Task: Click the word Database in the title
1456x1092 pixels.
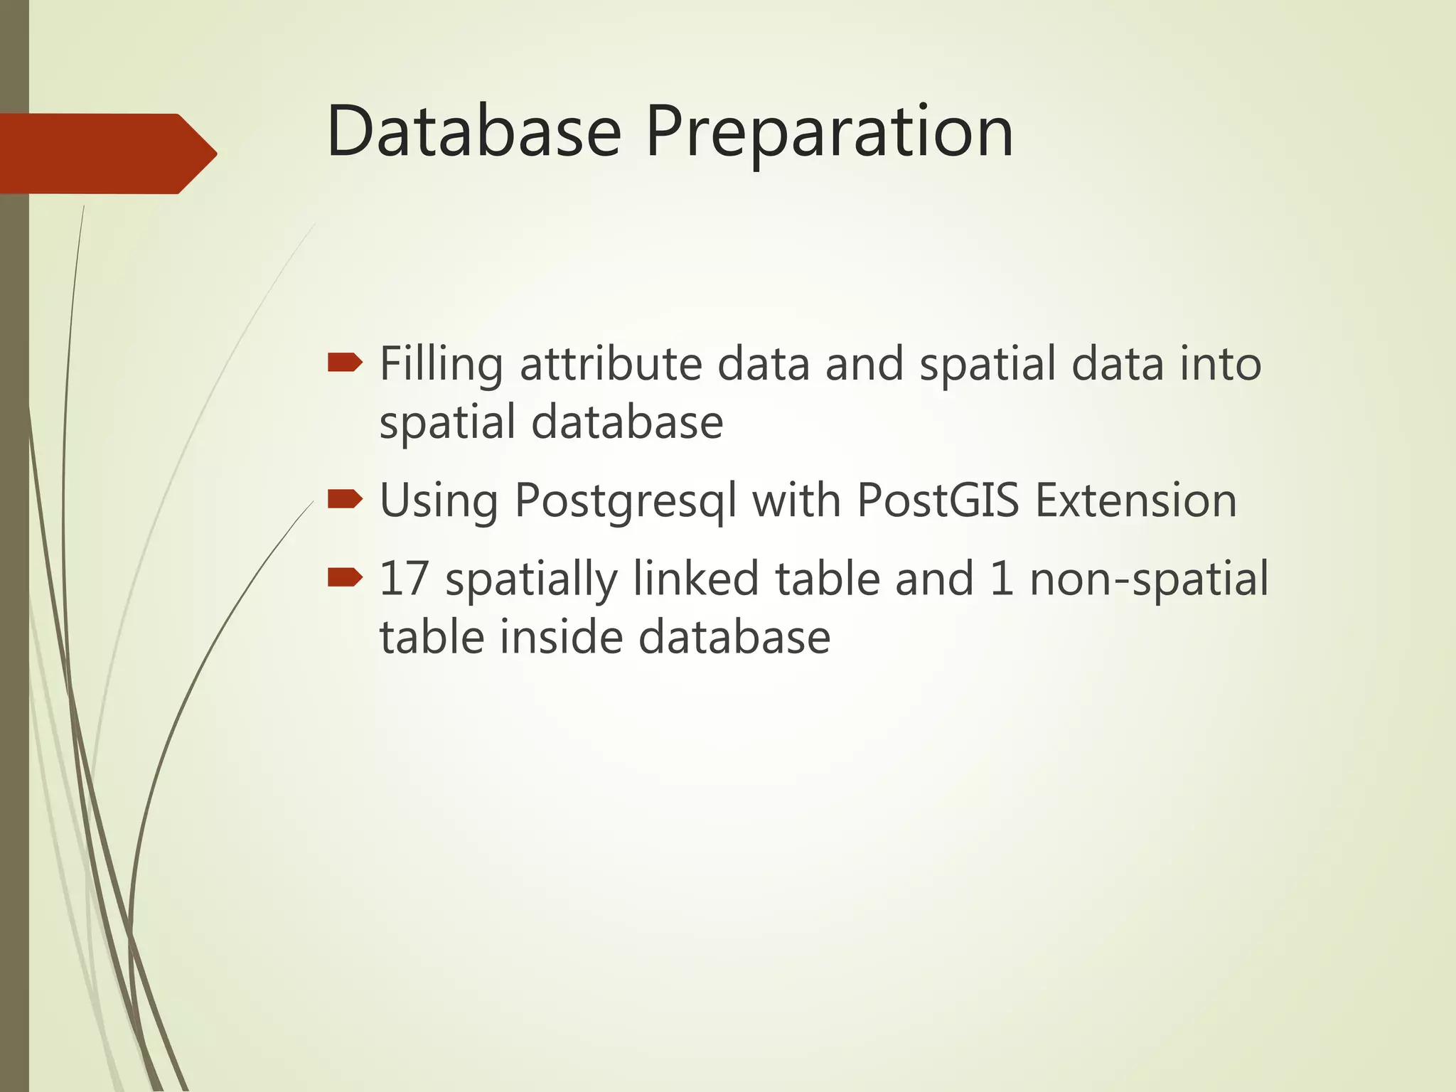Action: (473, 132)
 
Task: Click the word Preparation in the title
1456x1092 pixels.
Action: (828, 132)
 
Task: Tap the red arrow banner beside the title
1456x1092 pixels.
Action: (107, 154)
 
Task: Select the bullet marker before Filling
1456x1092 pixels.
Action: (345, 364)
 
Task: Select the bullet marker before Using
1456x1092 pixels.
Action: (345, 500)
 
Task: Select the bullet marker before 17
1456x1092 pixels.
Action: (345, 578)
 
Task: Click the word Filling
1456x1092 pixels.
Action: (441, 364)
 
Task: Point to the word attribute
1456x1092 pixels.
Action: (612, 364)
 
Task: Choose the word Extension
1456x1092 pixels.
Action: (1135, 500)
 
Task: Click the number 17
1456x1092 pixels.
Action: (404, 578)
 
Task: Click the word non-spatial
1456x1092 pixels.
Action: (1148, 579)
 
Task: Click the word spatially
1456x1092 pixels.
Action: (530, 579)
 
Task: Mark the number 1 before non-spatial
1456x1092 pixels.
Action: (1001, 578)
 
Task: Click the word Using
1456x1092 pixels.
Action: (439, 501)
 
